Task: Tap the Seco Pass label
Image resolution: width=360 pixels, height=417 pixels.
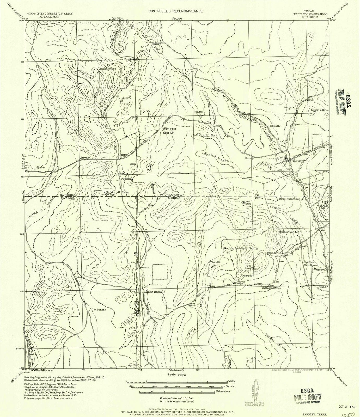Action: point(168,129)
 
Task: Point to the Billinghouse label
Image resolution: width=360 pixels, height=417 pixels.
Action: point(108,69)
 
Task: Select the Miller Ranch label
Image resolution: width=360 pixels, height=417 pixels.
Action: point(153,292)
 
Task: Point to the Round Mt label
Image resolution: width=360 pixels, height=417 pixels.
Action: point(248,275)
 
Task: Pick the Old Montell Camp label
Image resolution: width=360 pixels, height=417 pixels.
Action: point(117,192)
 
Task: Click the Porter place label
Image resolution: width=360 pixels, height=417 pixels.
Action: point(41,167)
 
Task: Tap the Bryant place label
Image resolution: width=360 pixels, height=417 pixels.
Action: point(86,158)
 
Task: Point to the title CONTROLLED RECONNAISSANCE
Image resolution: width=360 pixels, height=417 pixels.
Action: point(176,11)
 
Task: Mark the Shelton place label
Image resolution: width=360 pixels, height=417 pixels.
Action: point(275,126)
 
